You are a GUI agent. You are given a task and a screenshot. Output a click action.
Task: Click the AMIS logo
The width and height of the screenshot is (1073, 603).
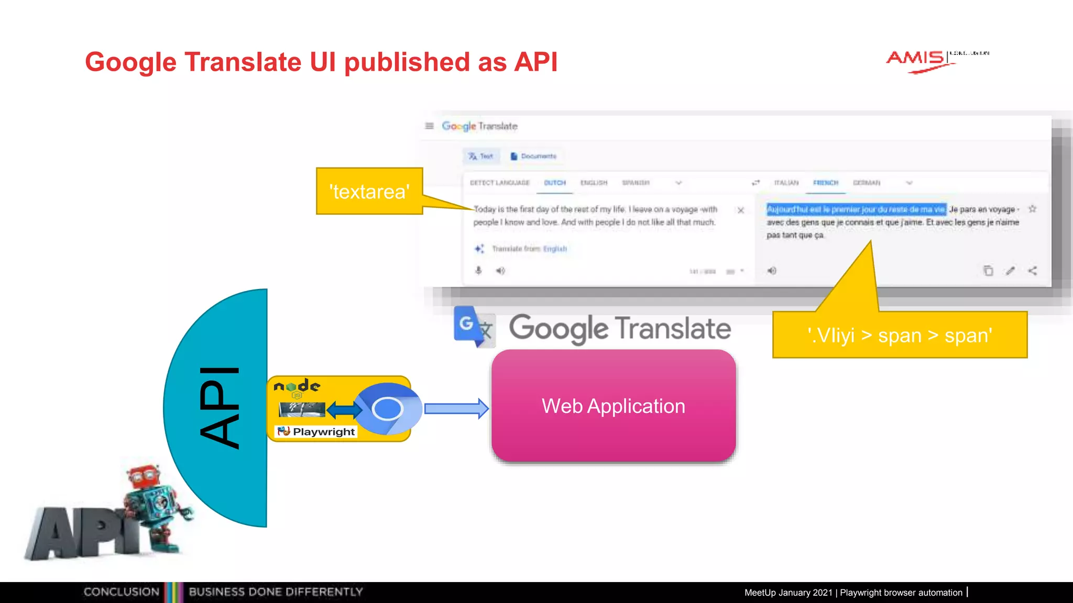[x=922, y=60]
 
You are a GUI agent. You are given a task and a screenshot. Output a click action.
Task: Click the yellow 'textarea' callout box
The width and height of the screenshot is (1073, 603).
[x=369, y=192]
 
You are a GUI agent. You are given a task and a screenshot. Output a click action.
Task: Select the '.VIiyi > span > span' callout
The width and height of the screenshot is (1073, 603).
[x=900, y=335]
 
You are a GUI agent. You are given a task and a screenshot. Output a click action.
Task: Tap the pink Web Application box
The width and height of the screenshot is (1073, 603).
[x=614, y=406]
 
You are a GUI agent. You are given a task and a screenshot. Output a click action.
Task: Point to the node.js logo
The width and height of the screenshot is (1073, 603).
[x=297, y=387]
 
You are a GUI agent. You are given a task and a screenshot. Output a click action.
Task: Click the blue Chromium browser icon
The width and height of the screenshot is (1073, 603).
[x=388, y=408]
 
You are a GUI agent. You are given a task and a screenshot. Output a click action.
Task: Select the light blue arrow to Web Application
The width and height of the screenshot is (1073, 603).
[x=456, y=408]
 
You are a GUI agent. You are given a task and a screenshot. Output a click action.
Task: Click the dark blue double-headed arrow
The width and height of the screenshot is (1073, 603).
[x=344, y=409]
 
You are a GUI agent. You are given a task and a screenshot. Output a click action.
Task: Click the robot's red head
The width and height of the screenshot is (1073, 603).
[x=144, y=476]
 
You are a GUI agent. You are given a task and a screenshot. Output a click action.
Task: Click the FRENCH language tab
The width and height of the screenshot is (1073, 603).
[x=826, y=183]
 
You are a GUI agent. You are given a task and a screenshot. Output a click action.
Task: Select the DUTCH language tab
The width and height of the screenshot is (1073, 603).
[x=555, y=183]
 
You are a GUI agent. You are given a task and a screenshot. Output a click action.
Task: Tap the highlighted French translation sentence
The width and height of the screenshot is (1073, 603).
[x=856, y=209]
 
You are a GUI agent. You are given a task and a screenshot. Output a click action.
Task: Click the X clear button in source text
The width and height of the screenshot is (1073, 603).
[x=741, y=210]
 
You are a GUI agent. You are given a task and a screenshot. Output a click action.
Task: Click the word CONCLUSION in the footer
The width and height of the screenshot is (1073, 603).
[x=122, y=592]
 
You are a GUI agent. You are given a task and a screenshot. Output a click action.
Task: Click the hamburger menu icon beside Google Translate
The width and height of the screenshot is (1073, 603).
[x=429, y=126]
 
